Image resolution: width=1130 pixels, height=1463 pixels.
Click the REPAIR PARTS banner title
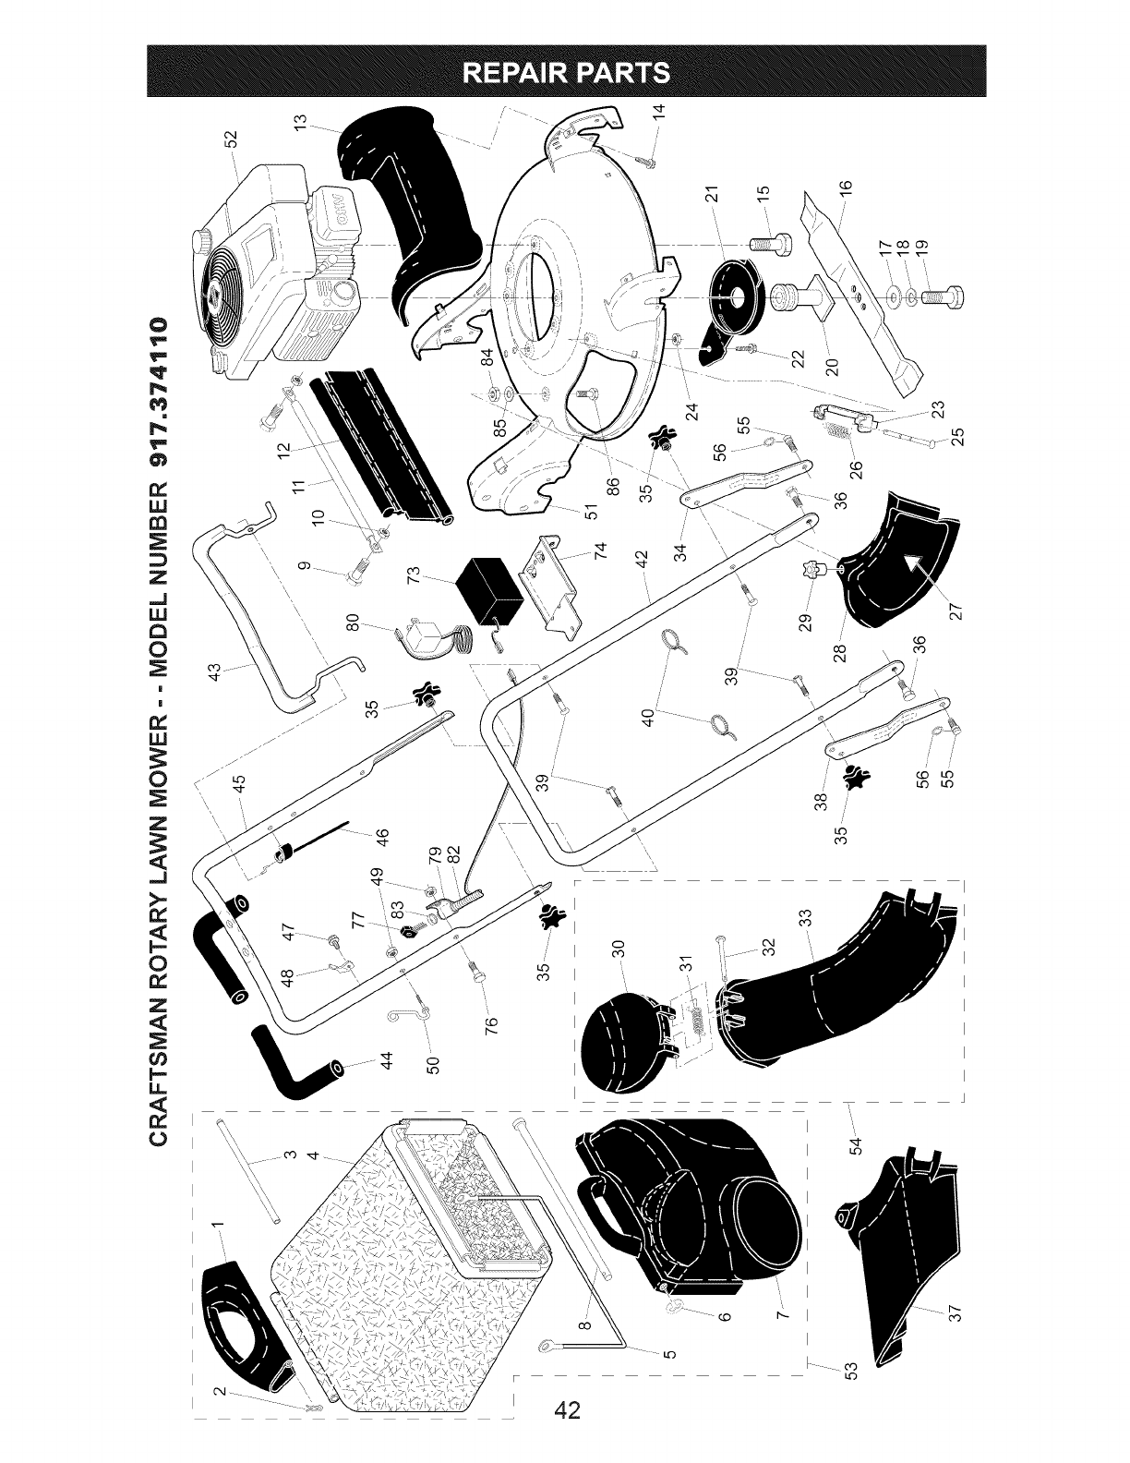[568, 72]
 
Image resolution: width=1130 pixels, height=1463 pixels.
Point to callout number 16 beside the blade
[846, 186]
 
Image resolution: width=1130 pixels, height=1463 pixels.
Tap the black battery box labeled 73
[488, 587]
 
